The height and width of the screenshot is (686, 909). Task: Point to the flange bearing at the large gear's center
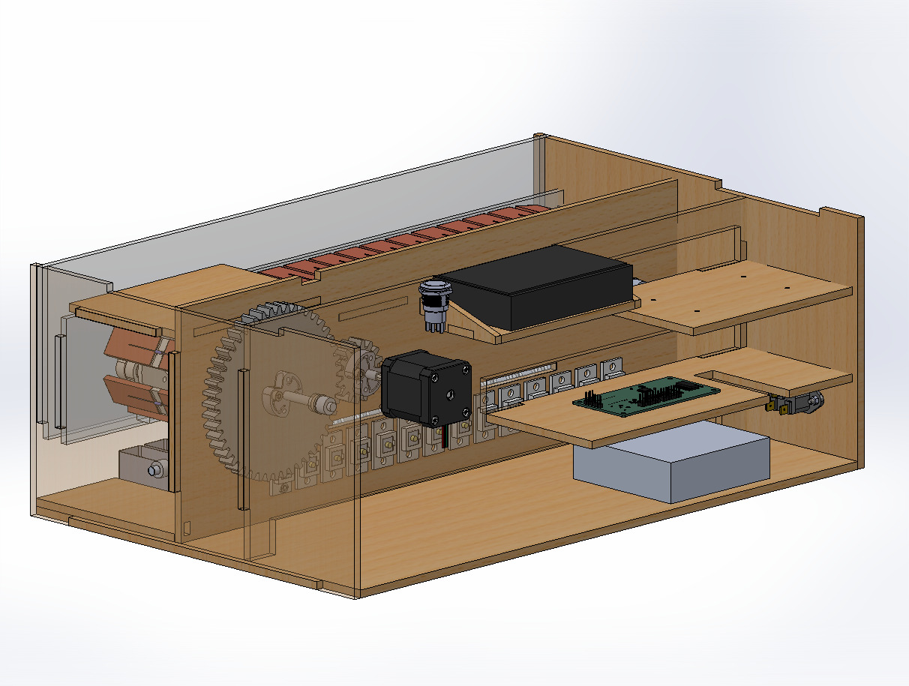[x=284, y=390]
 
